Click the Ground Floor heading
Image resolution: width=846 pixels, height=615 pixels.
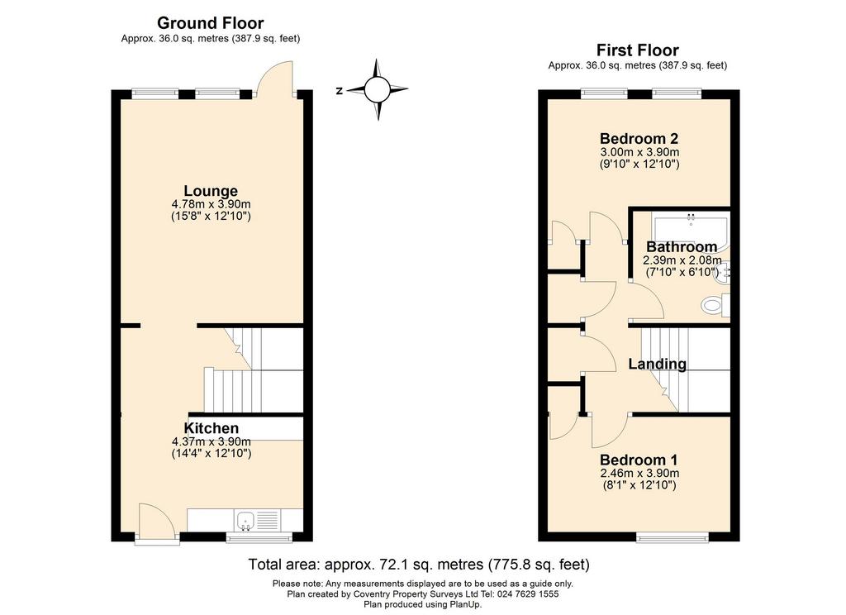(x=211, y=23)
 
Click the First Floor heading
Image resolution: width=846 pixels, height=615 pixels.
(x=637, y=50)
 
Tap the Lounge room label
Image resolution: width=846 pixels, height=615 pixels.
(x=211, y=191)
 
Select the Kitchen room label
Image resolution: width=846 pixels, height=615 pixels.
(x=211, y=428)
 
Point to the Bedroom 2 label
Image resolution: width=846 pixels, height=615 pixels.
(x=639, y=139)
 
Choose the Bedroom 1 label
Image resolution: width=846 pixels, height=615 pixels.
(x=639, y=460)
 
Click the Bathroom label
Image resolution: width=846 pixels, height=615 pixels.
(x=682, y=247)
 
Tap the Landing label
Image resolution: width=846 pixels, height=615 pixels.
(x=657, y=364)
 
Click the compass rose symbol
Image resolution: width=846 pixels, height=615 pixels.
(x=377, y=89)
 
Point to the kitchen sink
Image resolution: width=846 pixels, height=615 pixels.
(x=245, y=521)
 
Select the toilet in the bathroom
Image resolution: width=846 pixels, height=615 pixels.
(x=715, y=305)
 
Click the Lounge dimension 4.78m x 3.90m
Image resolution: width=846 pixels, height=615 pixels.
(x=211, y=205)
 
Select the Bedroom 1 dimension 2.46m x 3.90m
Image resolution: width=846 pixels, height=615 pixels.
(x=639, y=474)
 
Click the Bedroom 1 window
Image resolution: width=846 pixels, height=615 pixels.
(x=673, y=536)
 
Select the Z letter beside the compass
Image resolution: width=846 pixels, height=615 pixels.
(x=340, y=91)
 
